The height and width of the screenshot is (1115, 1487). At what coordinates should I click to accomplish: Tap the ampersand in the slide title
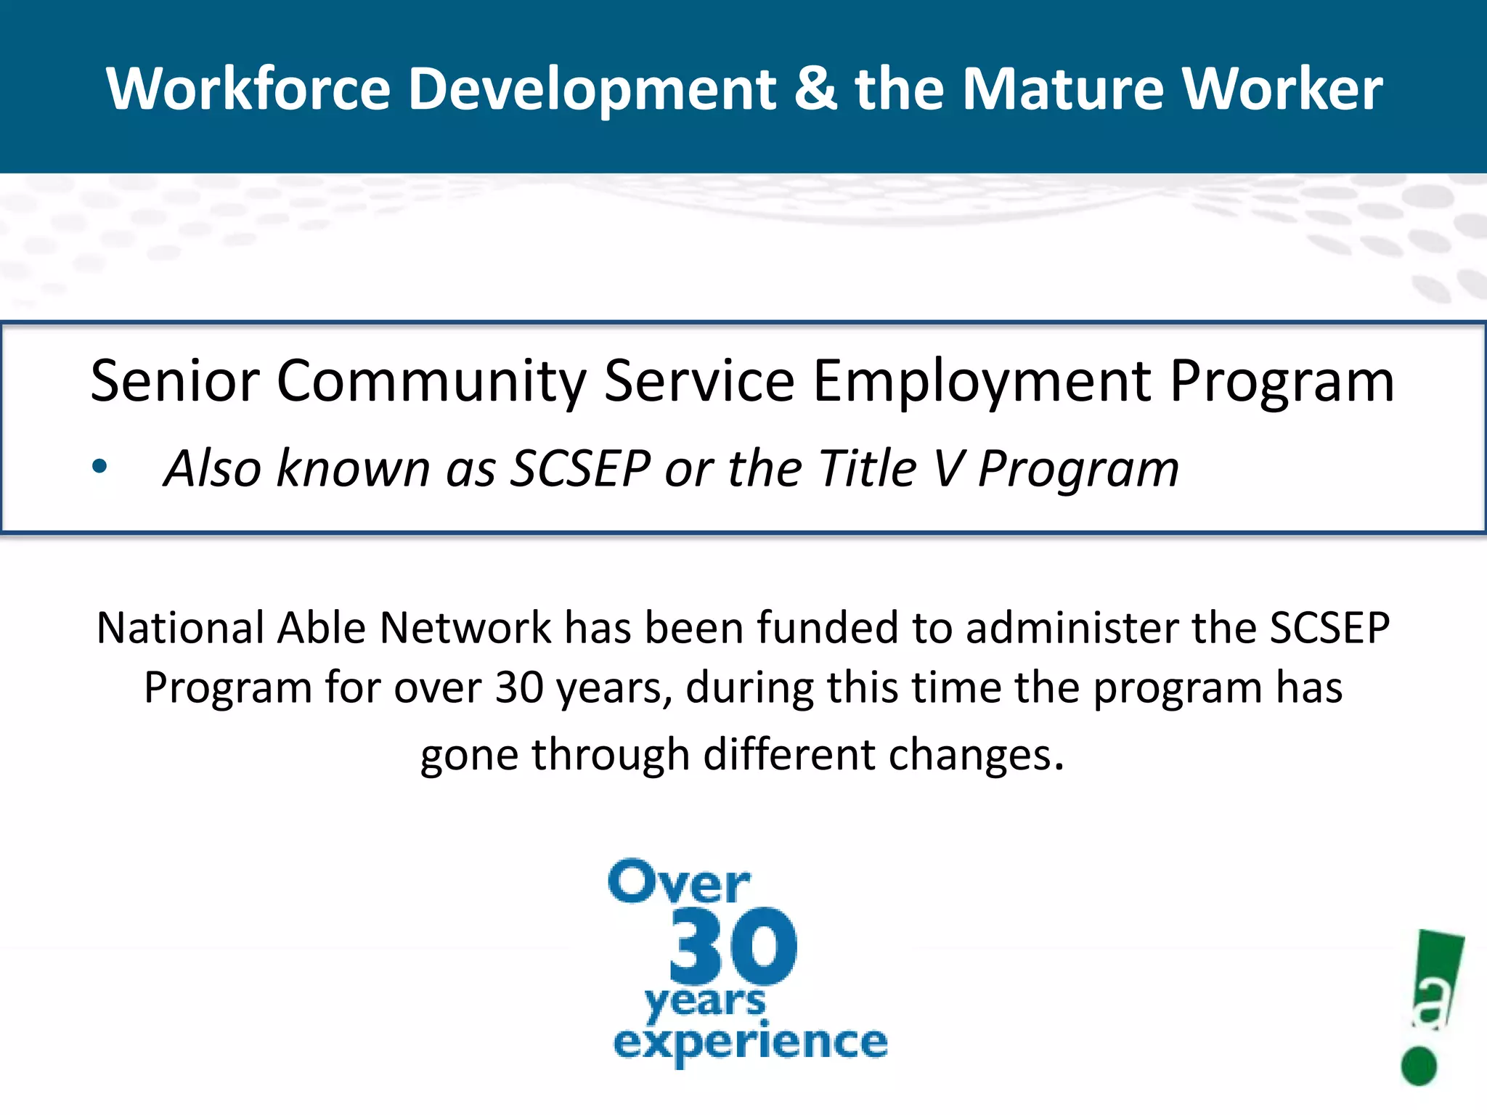coord(815,89)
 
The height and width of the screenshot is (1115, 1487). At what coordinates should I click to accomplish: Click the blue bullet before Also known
coord(99,467)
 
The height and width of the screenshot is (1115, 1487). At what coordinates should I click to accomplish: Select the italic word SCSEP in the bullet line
coord(580,468)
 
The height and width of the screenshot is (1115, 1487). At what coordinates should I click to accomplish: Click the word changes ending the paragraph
coord(976,756)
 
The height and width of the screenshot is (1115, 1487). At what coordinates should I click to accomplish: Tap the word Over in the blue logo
coord(679,883)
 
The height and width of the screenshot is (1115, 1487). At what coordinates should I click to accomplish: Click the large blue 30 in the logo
coord(732,947)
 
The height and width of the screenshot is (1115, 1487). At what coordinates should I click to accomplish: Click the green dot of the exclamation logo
coord(1419,1066)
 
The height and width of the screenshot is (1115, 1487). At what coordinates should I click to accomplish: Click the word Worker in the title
coord(1282,89)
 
